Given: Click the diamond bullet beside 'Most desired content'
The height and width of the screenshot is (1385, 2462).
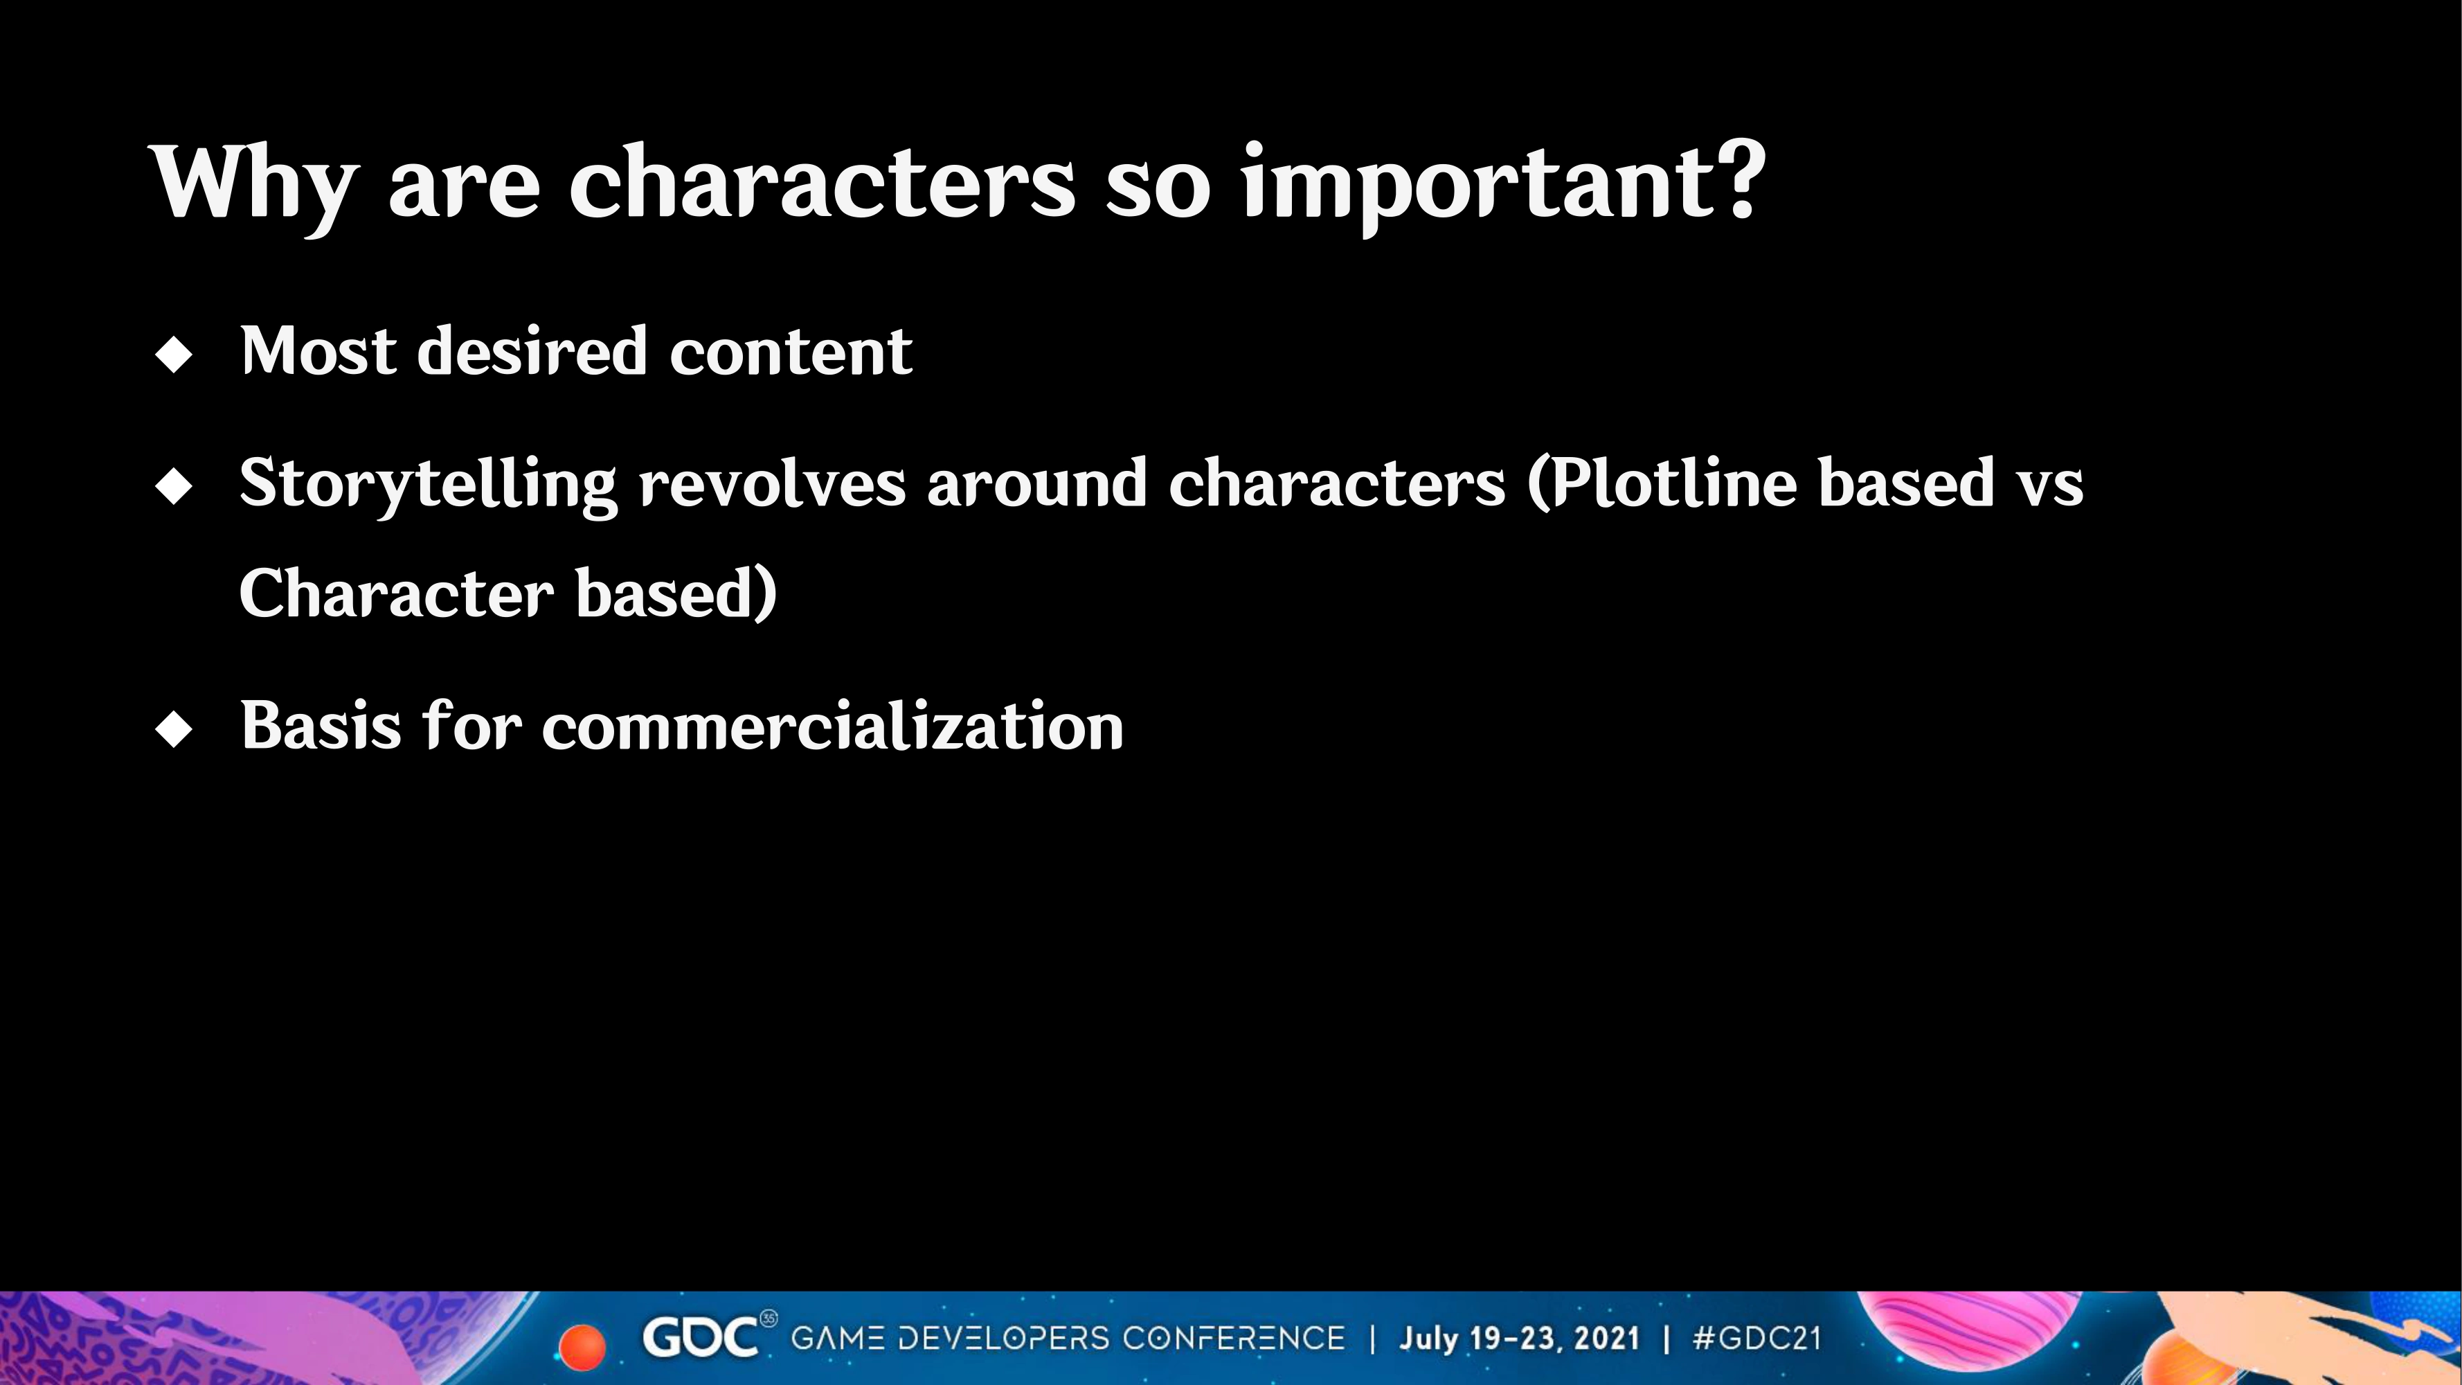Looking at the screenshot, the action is coord(173,355).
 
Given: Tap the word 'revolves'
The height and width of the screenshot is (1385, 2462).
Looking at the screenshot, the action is coord(772,483).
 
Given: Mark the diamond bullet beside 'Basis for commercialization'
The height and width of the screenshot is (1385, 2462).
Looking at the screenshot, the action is coord(173,729).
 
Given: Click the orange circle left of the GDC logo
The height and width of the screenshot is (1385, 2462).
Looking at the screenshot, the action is coord(581,1347).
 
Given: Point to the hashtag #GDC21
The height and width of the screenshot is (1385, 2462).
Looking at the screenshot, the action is coord(1756,1338).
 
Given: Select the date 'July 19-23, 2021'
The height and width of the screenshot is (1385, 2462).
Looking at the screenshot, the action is coord(1520,1338).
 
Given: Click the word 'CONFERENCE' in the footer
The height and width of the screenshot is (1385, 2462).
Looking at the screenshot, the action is coord(1234,1338).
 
